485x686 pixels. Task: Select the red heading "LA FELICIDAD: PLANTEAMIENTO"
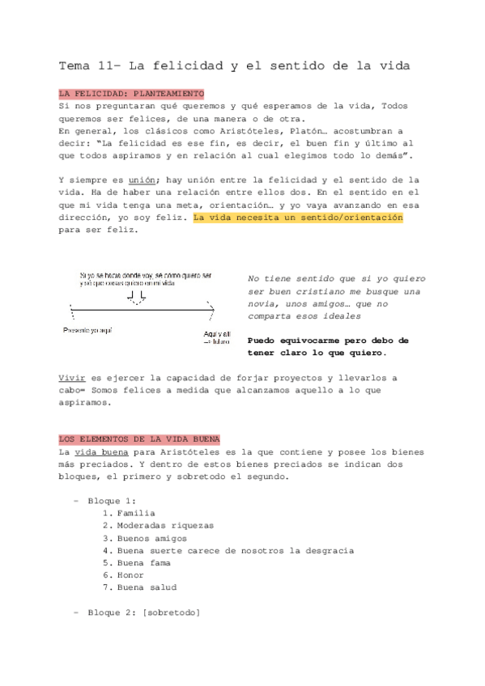pos(132,94)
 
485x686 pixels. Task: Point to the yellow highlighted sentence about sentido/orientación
pos(299,218)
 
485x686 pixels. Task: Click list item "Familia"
pos(136,513)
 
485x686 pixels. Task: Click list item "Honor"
pos(130,575)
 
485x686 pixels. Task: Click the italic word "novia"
pos(263,303)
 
